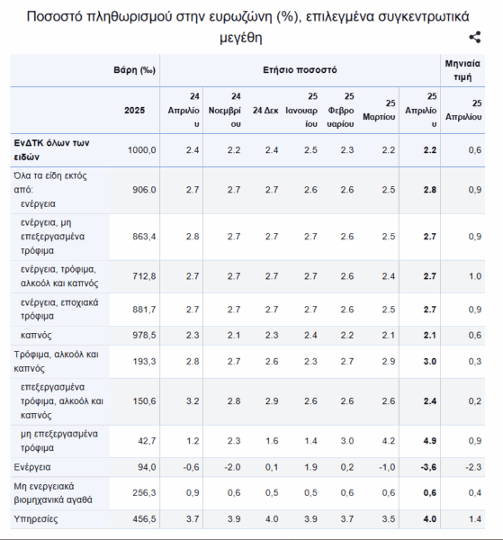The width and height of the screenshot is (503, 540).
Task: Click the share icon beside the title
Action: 475,37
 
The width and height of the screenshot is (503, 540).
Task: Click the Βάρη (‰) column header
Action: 135,70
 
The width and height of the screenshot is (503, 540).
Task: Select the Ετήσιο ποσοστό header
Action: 300,70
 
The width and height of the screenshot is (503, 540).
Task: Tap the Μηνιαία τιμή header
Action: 463,70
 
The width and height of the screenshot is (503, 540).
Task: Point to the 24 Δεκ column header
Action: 265,110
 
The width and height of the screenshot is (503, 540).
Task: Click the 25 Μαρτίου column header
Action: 379,110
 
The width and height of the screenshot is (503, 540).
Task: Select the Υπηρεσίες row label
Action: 36,519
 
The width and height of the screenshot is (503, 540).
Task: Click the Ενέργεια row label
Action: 32,467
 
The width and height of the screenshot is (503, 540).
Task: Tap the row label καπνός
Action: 36,335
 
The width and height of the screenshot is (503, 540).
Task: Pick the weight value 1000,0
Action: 141,150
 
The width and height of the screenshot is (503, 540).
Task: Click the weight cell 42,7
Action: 147,441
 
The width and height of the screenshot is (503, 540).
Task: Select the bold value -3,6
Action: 428,467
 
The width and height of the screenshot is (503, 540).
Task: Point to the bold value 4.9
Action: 430,441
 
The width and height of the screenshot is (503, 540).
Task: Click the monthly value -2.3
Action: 473,467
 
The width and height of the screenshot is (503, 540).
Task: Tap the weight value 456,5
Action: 144,519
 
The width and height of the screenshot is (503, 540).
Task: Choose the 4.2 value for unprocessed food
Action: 389,441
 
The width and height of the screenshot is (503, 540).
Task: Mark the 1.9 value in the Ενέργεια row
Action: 310,467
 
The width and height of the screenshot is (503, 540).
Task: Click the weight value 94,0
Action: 147,467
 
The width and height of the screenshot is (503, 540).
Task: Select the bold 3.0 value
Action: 430,361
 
